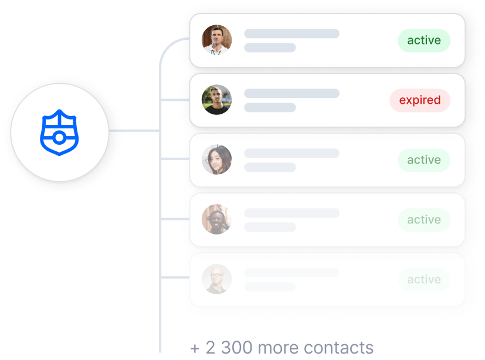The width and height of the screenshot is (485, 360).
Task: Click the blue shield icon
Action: [59, 130]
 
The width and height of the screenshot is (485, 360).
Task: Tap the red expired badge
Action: [420, 100]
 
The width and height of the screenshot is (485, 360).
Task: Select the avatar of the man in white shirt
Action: [217, 40]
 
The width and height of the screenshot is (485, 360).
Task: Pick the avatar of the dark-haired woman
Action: [217, 160]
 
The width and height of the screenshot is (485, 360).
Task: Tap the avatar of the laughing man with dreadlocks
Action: [217, 219]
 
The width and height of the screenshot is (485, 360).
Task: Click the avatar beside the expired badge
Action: [217, 100]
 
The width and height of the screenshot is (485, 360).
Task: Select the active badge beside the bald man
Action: [424, 280]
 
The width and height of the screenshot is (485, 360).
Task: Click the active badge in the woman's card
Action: [424, 160]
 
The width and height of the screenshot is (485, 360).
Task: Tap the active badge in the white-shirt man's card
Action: [424, 40]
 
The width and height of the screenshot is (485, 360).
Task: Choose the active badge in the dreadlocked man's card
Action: [424, 220]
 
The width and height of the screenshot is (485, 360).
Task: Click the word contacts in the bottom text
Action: [340, 347]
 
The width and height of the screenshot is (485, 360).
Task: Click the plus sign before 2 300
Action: [195, 348]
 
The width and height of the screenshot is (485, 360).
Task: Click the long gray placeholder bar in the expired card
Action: [291, 94]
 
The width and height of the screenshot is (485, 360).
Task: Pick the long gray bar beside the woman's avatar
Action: [291, 154]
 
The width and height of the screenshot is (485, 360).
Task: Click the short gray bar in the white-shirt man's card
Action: [270, 47]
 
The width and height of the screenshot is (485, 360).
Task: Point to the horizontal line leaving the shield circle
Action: [134, 130]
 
